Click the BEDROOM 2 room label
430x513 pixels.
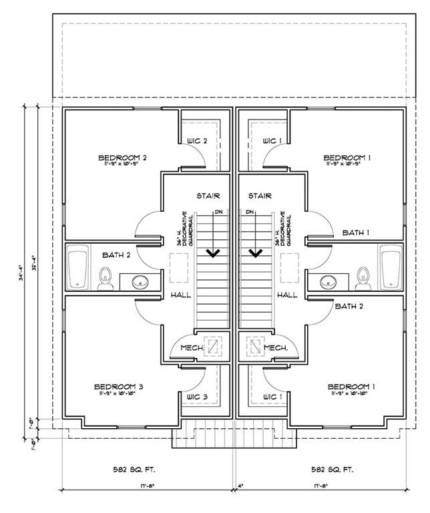(122, 158)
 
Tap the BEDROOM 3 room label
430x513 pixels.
(118, 387)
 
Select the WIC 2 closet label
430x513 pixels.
(197, 141)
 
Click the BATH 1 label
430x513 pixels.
(356, 232)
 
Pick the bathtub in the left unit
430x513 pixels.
(79, 267)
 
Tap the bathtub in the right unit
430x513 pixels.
(390, 267)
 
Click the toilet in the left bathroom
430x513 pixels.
(105, 279)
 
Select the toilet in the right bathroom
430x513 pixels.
(364, 279)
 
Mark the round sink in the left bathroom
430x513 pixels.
(140, 281)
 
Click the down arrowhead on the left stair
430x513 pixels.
(214, 253)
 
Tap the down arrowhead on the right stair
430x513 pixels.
(254, 253)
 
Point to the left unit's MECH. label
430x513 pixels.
(192, 348)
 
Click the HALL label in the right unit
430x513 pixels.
(287, 295)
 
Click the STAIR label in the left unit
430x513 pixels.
(208, 196)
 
